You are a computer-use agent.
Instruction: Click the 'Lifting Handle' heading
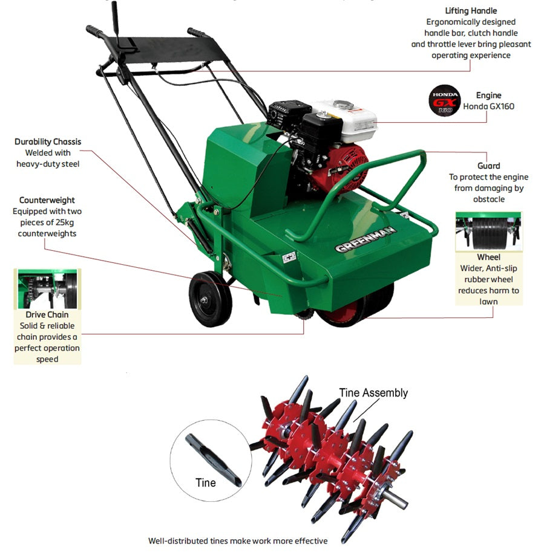click(x=471, y=11)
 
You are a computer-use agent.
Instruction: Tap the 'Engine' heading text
click(x=488, y=96)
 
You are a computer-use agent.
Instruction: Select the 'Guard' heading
click(x=488, y=166)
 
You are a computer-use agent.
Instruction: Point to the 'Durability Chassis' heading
click(x=48, y=141)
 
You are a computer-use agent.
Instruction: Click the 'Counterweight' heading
click(x=47, y=200)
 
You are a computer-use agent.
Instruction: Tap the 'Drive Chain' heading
click(x=47, y=314)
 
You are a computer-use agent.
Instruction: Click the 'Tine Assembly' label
click(x=373, y=393)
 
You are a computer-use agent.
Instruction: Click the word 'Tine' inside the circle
click(x=205, y=483)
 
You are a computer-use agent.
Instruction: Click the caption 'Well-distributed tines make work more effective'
click(x=238, y=540)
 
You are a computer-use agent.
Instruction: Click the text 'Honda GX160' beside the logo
click(x=488, y=106)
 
